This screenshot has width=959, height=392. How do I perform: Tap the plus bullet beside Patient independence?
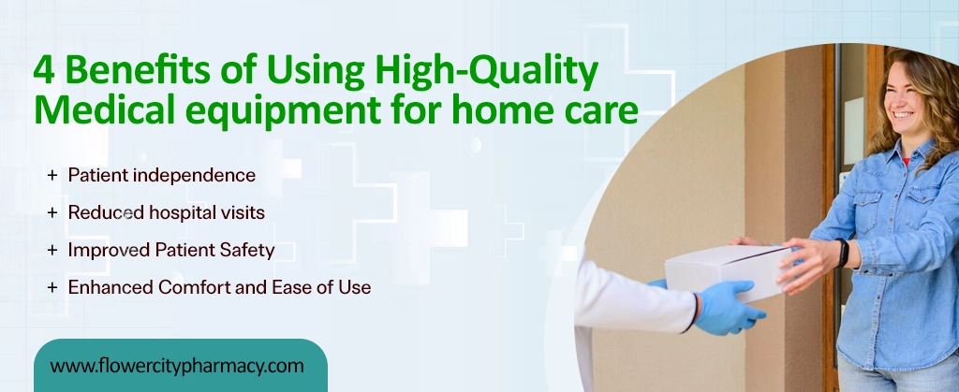pyautogui.click(x=52, y=175)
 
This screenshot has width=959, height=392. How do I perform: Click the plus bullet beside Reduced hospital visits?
pyautogui.click(x=52, y=212)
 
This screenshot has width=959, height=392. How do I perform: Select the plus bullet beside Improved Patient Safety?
pyautogui.click(x=52, y=250)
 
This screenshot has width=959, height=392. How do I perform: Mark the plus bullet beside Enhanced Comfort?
pyautogui.click(x=52, y=287)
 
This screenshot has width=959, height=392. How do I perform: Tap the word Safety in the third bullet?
pyautogui.click(x=247, y=250)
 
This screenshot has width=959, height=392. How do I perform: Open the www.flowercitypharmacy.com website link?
pyautogui.click(x=177, y=366)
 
